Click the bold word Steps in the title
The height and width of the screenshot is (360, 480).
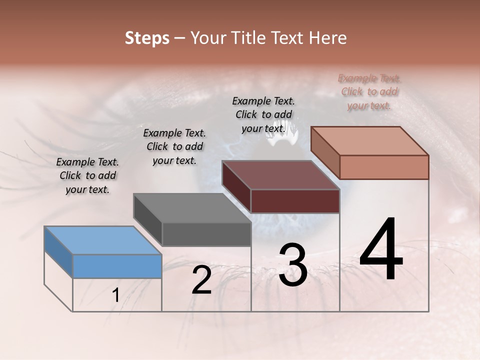147,38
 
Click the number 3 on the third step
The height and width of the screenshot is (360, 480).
292,265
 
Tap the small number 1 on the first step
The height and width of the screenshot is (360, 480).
115,296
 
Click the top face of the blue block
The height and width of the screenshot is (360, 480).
102,240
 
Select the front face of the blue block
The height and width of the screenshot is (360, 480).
117,266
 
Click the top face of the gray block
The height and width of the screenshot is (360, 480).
192,207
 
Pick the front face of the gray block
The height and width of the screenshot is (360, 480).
206,234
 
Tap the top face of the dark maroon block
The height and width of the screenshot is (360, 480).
280,175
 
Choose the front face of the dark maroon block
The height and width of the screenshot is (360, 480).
295,201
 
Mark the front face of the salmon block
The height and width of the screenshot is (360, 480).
384,167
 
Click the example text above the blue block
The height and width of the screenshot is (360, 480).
87,175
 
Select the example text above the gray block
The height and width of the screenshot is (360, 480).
174,146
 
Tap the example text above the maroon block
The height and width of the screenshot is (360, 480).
263,114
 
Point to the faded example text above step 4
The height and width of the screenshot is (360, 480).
369,91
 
